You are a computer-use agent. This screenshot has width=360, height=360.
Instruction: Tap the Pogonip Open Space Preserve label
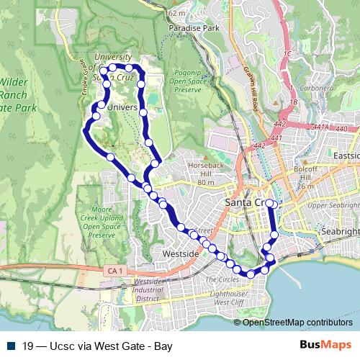187,81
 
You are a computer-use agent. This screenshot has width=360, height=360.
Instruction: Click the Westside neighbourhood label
181,254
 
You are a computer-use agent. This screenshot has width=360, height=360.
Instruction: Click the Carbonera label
317,88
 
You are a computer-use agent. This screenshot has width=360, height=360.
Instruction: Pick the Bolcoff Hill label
307,174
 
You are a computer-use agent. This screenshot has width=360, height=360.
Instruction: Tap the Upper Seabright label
333,205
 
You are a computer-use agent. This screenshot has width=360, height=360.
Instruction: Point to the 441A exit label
322,127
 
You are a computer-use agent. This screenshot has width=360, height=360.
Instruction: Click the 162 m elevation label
176,13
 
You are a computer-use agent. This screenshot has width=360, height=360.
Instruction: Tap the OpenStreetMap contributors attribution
297,322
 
